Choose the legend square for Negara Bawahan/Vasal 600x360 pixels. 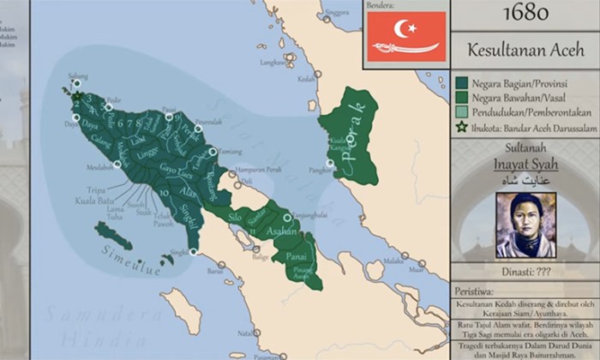(461, 97)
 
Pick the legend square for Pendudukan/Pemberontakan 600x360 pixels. (461, 111)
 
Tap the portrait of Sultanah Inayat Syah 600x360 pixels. (525, 225)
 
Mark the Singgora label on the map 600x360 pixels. (339, 13)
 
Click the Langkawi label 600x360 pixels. (273, 62)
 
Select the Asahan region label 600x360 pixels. (283, 232)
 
